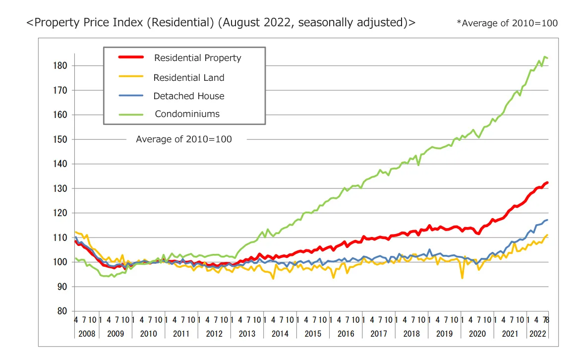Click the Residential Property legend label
[x=197, y=58]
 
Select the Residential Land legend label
[x=188, y=78]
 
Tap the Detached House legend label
[x=188, y=96]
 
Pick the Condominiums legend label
[x=187, y=114]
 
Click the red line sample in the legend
[x=131, y=58]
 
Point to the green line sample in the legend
[x=131, y=114]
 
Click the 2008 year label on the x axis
[x=87, y=334]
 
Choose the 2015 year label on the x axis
[x=313, y=334]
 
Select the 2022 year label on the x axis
[x=537, y=334]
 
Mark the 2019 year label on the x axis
[x=444, y=334]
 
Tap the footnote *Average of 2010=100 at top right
[x=507, y=23]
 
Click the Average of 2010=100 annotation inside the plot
[x=184, y=139]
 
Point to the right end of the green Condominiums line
[x=547, y=58]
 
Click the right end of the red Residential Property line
[x=547, y=182]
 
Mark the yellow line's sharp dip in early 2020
[x=463, y=278]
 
